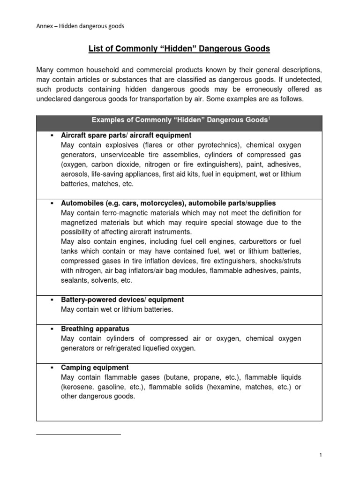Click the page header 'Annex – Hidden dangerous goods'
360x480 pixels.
[x=80, y=26]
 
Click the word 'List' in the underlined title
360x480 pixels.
[x=97, y=48]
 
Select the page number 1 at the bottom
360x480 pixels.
[x=320, y=455]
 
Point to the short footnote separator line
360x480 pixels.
[x=78, y=435]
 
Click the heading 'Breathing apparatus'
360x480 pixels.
[x=95, y=329]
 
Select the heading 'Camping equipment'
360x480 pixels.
[x=95, y=367]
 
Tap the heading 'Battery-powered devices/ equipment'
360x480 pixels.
[x=122, y=299]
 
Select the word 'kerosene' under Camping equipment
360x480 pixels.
[x=80, y=387]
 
